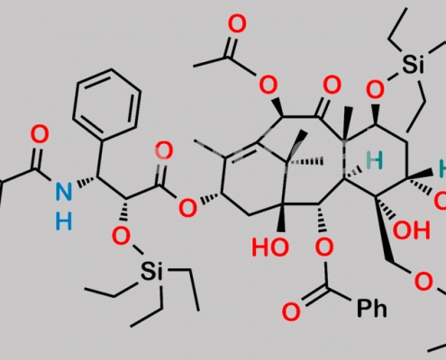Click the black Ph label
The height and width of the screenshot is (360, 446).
tap(371, 309)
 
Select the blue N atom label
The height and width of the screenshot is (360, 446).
tap(64, 192)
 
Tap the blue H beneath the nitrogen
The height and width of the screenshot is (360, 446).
tap(64, 221)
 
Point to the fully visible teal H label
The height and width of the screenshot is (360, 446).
tap(375, 160)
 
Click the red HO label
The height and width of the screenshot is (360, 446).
tap(270, 247)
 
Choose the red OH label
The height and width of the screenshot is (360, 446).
tap(412, 230)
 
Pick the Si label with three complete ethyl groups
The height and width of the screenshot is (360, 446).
tap(151, 271)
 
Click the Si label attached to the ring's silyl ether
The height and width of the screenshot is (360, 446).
tap(414, 64)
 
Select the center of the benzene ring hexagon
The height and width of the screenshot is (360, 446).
tap(106, 103)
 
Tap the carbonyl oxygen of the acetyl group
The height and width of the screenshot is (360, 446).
tap(237, 24)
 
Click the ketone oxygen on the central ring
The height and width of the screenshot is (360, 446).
tap(332, 85)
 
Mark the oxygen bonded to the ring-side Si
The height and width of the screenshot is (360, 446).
tap(376, 89)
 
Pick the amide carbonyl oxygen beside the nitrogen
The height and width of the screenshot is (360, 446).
tap(40, 134)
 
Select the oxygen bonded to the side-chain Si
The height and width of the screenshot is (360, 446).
tap(121, 236)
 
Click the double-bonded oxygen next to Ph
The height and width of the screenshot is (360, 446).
tap(291, 311)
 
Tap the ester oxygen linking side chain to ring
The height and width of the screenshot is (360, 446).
tap(187, 208)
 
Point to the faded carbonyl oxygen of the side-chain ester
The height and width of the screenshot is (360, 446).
tap(164, 151)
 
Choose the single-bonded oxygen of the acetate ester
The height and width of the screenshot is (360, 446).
tap(268, 85)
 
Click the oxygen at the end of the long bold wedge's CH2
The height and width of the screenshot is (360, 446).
tap(423, 282)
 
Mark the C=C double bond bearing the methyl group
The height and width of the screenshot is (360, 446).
tap(241, 151)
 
